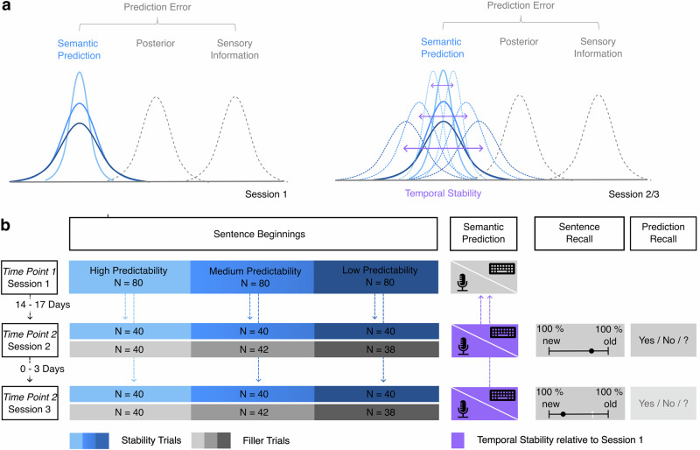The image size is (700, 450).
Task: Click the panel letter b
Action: (7, 225)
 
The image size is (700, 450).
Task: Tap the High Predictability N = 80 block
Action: (129, 275)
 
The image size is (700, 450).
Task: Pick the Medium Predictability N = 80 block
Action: (251, 275)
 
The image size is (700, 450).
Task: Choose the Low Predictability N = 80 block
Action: (375, 275)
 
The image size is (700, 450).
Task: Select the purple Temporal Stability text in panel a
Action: (444, 195)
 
